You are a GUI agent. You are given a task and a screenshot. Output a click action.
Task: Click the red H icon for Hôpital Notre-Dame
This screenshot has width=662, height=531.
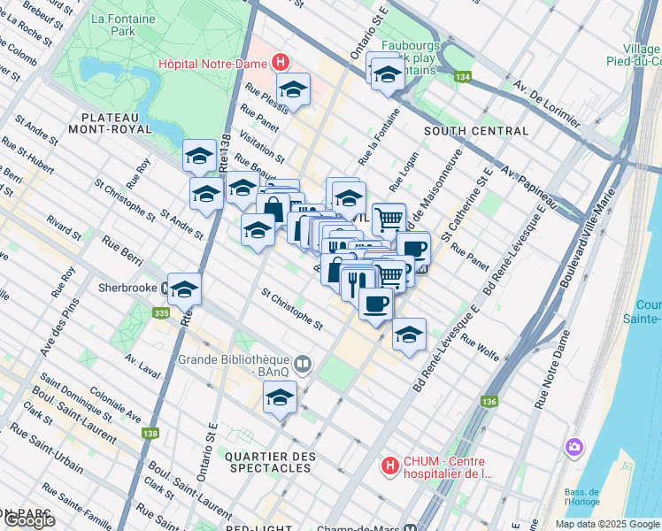pos(281,62)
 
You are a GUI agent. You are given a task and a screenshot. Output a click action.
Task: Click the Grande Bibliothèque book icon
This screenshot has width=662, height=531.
pos(303,363)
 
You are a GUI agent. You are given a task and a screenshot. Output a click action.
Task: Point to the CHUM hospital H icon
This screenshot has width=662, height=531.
pos(388,465)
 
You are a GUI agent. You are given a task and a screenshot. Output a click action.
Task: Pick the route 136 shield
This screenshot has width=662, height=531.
pos(489,401)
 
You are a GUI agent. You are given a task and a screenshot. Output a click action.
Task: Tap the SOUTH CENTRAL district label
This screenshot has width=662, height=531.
pos(476,131)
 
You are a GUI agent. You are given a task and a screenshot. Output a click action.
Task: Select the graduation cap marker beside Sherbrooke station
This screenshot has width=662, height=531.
pos(185,289)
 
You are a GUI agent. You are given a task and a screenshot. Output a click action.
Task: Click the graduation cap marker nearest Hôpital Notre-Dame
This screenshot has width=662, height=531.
pos(293,88)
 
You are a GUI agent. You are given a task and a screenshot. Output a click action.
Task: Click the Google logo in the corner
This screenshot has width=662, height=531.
pos(28,520)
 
